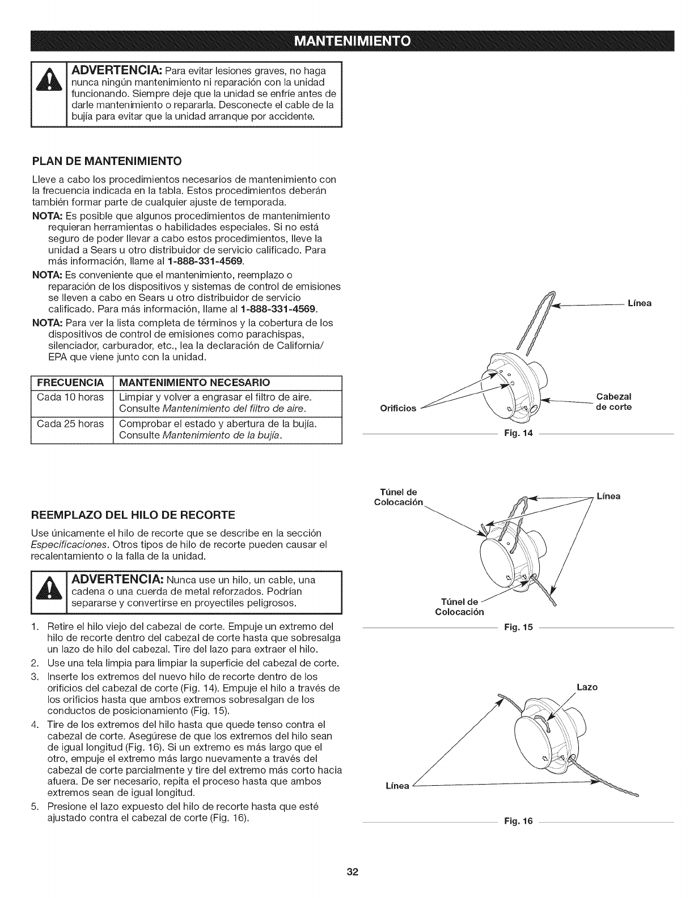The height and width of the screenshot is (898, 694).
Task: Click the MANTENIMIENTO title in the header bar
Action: [x=346, y=42]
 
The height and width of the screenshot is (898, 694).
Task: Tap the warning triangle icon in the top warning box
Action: [x=49, y=97]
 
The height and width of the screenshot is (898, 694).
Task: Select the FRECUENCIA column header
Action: [x=70, y=381]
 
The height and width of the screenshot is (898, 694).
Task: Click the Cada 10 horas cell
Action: [x=70, y=396]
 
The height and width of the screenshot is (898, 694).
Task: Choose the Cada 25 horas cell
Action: [x=70, y=423]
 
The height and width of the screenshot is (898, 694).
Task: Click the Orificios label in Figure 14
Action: [x=398, y=408]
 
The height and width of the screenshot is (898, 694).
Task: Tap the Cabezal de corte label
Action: [x=614, y=401]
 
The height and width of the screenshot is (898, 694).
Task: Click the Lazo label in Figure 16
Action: [x=586, y=687]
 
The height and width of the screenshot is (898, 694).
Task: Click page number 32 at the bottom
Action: [x=346, y=872]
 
